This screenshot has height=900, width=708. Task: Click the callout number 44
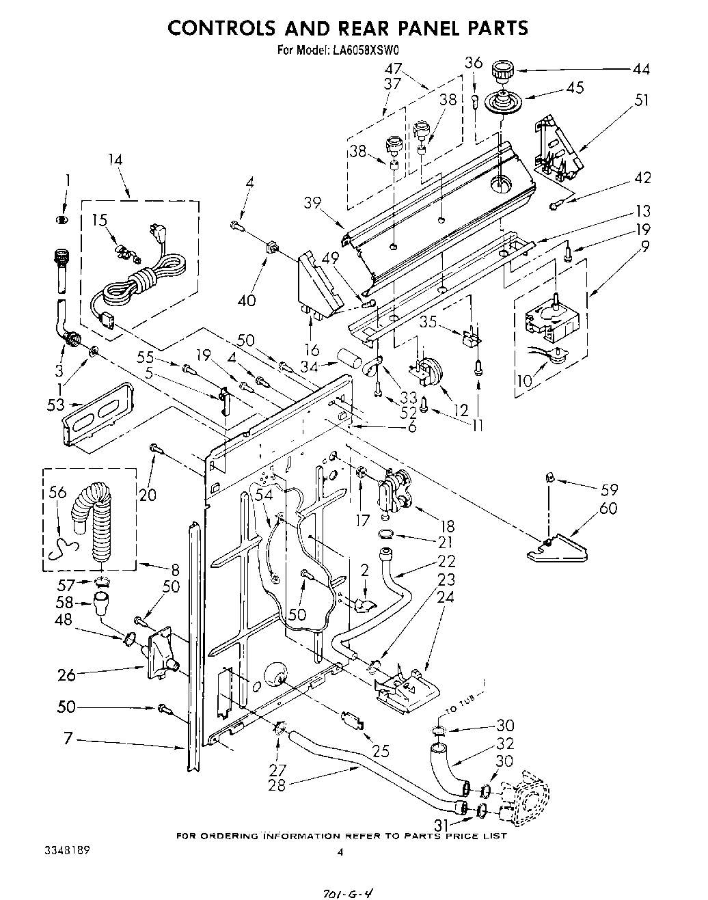640,68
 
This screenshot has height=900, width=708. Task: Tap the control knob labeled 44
502,69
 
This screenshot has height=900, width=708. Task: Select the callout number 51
640,100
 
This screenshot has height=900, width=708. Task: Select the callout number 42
642,178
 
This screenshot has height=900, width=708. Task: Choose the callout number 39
312,204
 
